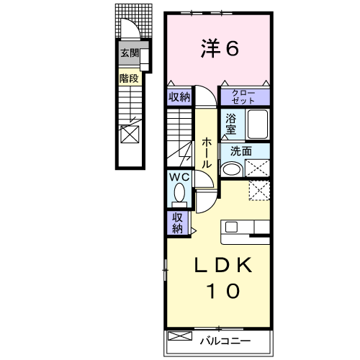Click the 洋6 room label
(220, 49)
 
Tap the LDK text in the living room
(223, 265)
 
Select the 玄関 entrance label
(130, 53)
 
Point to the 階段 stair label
(129, 78)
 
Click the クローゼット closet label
(243, 97)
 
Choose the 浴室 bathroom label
(230, 124)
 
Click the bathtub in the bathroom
(258, 125)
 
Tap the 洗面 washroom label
(241, 151)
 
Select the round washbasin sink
(232, 169)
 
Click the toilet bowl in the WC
(179, 194)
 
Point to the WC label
(179, 177)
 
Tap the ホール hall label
(207, 153)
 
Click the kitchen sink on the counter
(231, 227)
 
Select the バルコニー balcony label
(225, 341)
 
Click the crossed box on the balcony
(180, 336)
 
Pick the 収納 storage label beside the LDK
(178, 223)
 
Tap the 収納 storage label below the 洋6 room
(179, 97)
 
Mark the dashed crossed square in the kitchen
(259, 191)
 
